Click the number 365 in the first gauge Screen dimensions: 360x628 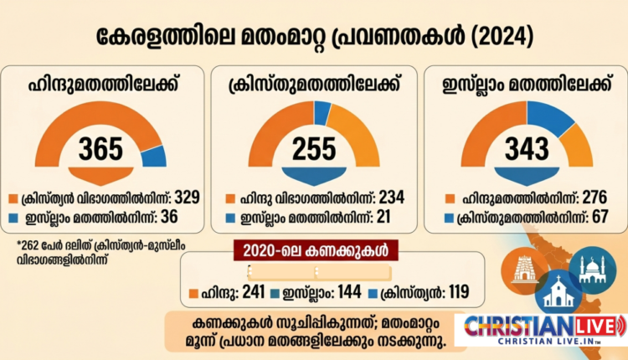(101, 149)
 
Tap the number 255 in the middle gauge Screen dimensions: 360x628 (313, 149)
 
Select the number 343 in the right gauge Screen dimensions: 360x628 (527, 149)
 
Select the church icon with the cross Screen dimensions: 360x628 (559, 292)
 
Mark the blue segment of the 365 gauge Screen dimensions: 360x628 (154, 155)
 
